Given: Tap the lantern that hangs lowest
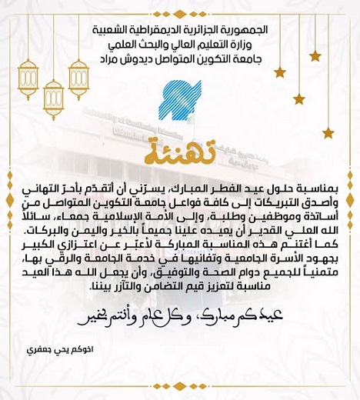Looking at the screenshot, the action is pos(54,100).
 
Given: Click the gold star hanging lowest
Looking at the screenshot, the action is pos(328,132).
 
